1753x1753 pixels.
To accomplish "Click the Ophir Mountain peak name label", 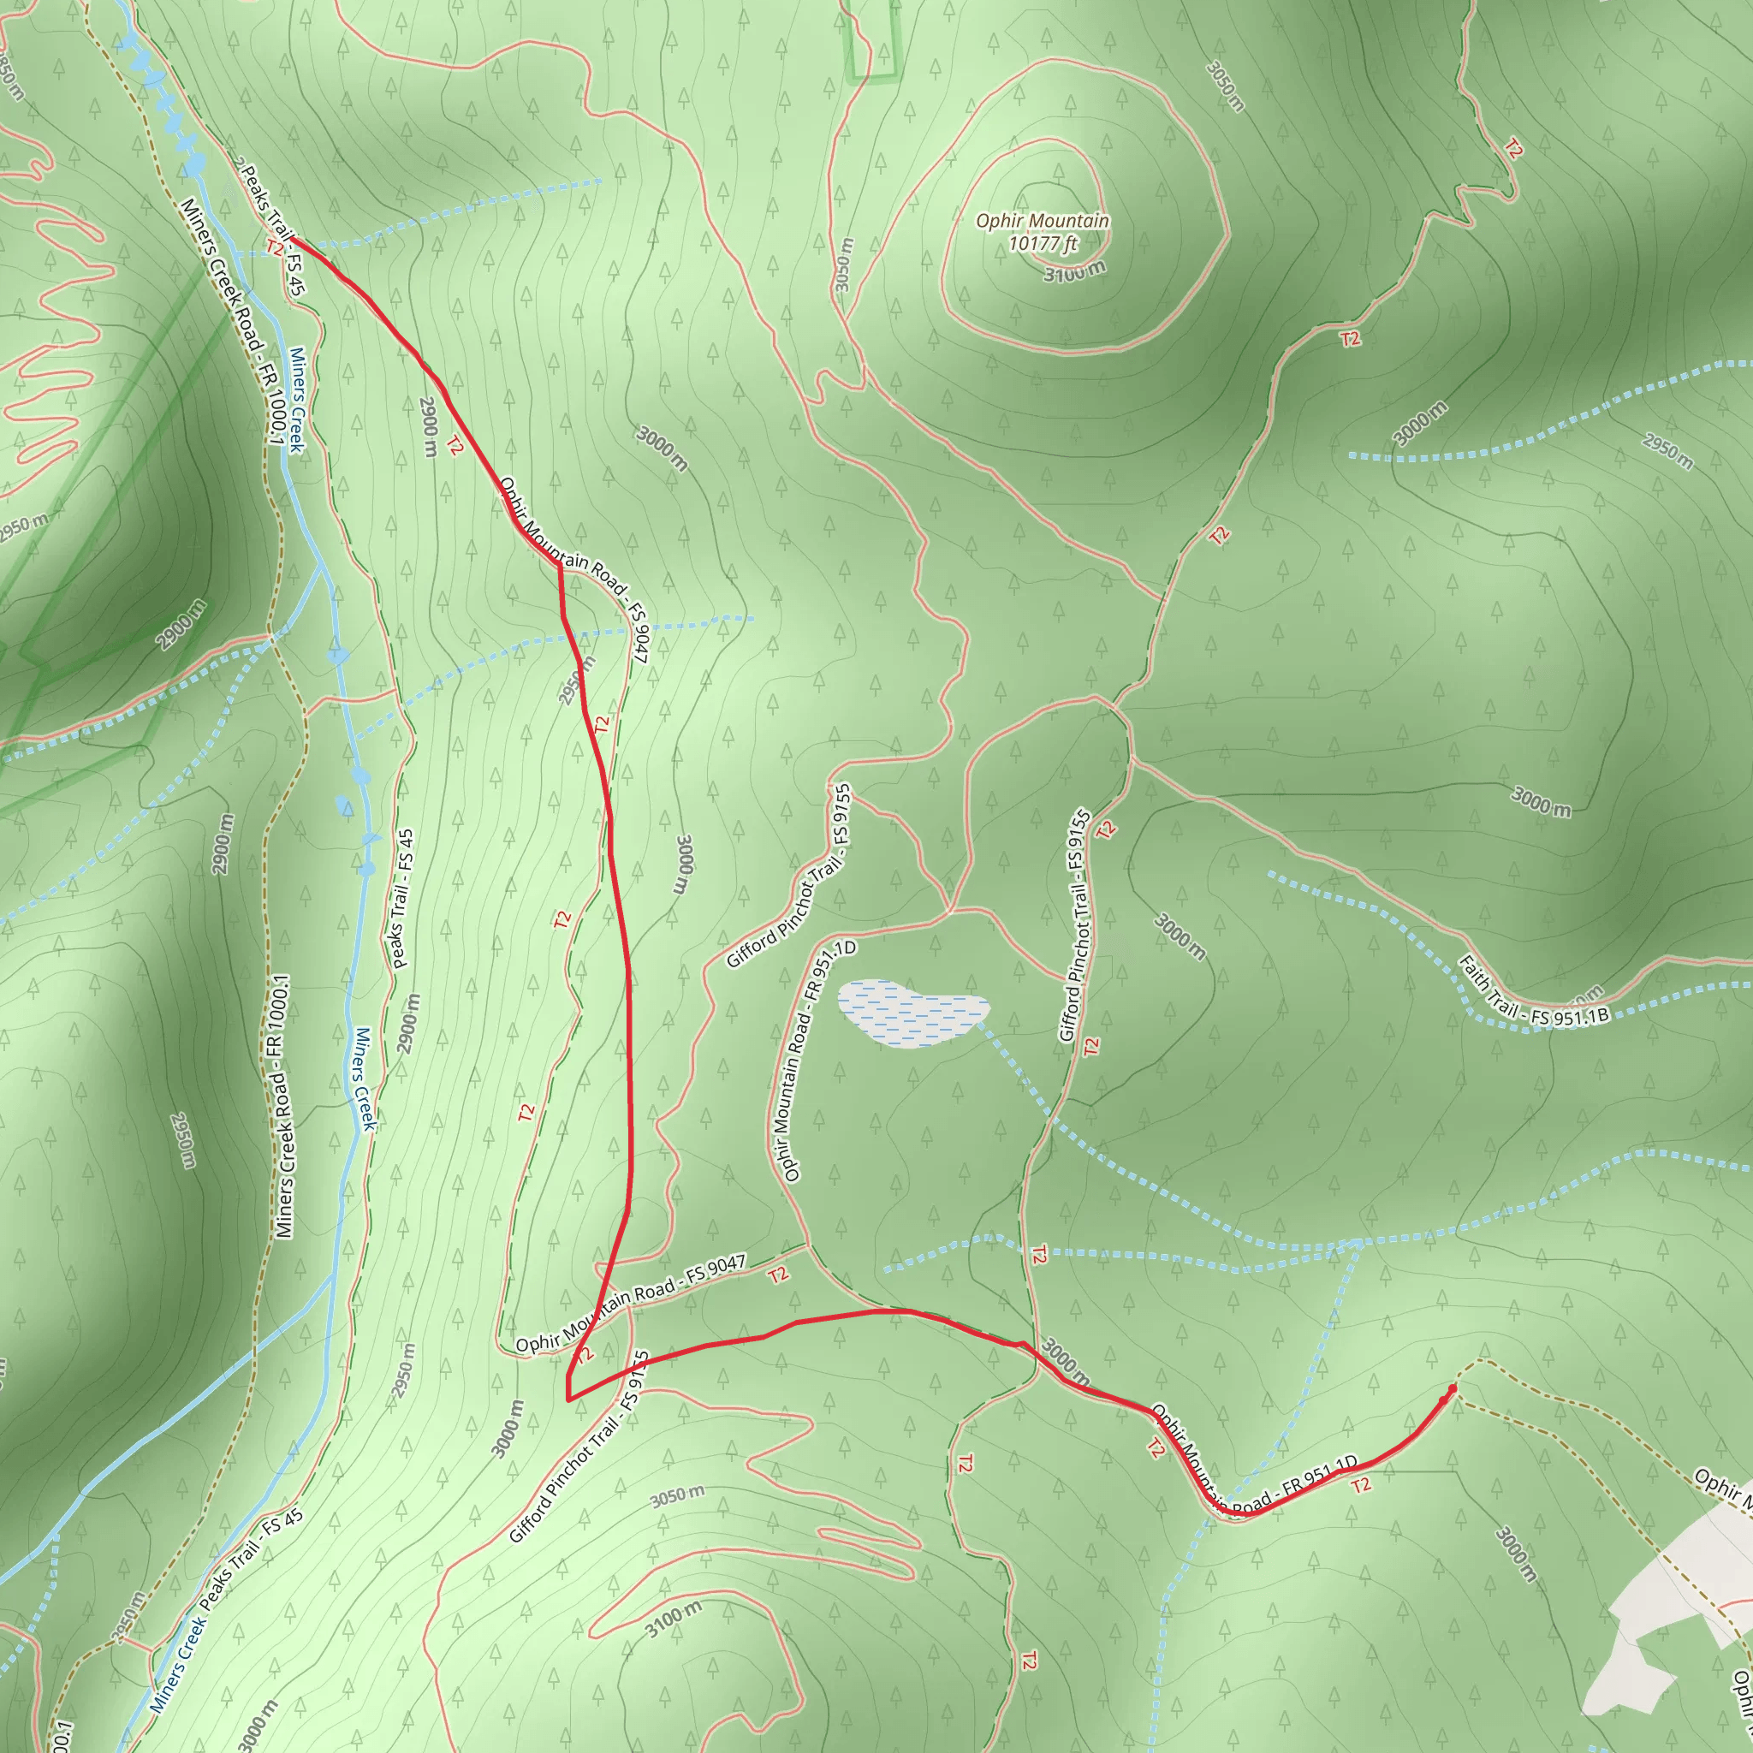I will (x=1043, y=221).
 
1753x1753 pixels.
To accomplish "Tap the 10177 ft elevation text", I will (x=1043, y=243).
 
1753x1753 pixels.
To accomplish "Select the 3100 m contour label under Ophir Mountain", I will (x=1074, y=270).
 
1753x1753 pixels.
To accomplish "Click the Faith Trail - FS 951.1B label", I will (x=1533, y=992).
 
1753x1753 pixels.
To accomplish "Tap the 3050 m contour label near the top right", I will (x=1225, y=86).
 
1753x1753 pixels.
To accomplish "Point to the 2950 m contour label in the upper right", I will (x=1667, y=451).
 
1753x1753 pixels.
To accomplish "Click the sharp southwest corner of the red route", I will (x=568, y=1400).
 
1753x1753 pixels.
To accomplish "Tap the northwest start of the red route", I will (x=296, y=241).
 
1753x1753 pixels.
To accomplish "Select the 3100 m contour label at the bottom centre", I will (x=674, y=1619).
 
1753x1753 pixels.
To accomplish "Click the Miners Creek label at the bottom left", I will (x=178, y=1662).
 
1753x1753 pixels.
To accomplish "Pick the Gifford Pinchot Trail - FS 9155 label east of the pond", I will (x=1075, y=925).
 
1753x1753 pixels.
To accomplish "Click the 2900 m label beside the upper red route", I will (x=429, y=426).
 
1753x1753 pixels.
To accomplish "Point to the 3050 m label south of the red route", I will (x=677, y=1496).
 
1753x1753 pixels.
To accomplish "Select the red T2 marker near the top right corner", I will (x=1512, y=148).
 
